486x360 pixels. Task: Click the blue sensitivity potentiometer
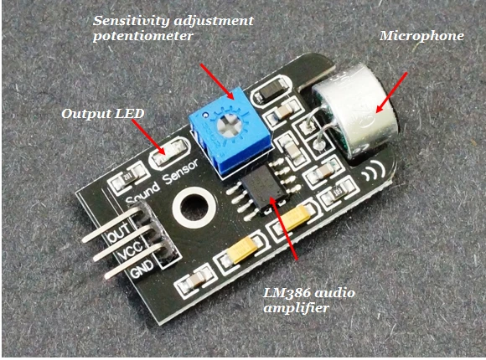click(x=230, y=132)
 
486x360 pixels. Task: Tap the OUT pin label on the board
click(x=120, y=233)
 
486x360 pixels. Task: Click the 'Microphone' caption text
click(x=421, y=36)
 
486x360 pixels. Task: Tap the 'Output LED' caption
click(x=103, y=114)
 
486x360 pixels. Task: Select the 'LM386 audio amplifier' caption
click(x=309, y=301)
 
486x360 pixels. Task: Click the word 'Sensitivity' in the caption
click(x=130, y=21)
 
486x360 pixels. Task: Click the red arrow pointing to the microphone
click(x=391, y=93)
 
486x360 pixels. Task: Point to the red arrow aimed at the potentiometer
click(x=217, y=81)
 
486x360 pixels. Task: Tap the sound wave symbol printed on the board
click(x=374, y=172)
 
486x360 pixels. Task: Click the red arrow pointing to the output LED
click(x=149, y=137)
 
